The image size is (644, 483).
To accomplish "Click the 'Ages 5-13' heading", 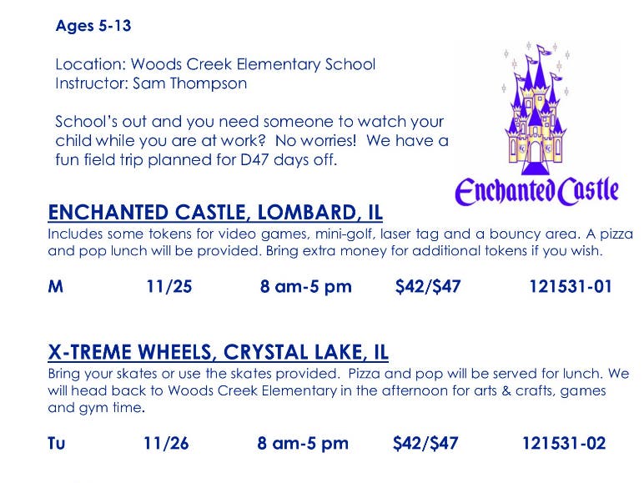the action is (93, 26).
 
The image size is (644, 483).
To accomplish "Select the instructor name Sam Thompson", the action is (189, 83).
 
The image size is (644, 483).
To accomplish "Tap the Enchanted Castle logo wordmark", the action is (536, 191).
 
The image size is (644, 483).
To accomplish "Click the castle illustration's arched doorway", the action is (535, 152).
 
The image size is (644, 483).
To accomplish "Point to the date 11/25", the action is (169, 286).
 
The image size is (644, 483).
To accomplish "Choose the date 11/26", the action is (166, 443).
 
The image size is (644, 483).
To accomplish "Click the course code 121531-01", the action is (571, 286).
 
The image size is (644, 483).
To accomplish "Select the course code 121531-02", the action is (564, 443).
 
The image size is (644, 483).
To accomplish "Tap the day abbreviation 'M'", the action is (55, 286).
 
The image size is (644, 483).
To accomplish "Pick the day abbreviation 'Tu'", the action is (56, 443).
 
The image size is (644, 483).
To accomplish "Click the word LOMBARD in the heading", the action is (307, 213).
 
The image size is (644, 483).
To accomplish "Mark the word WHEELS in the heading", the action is (175, 352).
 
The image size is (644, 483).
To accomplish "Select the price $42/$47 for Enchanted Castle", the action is (428, 286).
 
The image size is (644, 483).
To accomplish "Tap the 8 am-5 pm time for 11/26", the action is (303, 443).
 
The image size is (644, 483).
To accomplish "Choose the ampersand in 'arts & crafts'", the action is (506, 390).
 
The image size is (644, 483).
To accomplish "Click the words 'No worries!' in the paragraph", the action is (315, 140).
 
